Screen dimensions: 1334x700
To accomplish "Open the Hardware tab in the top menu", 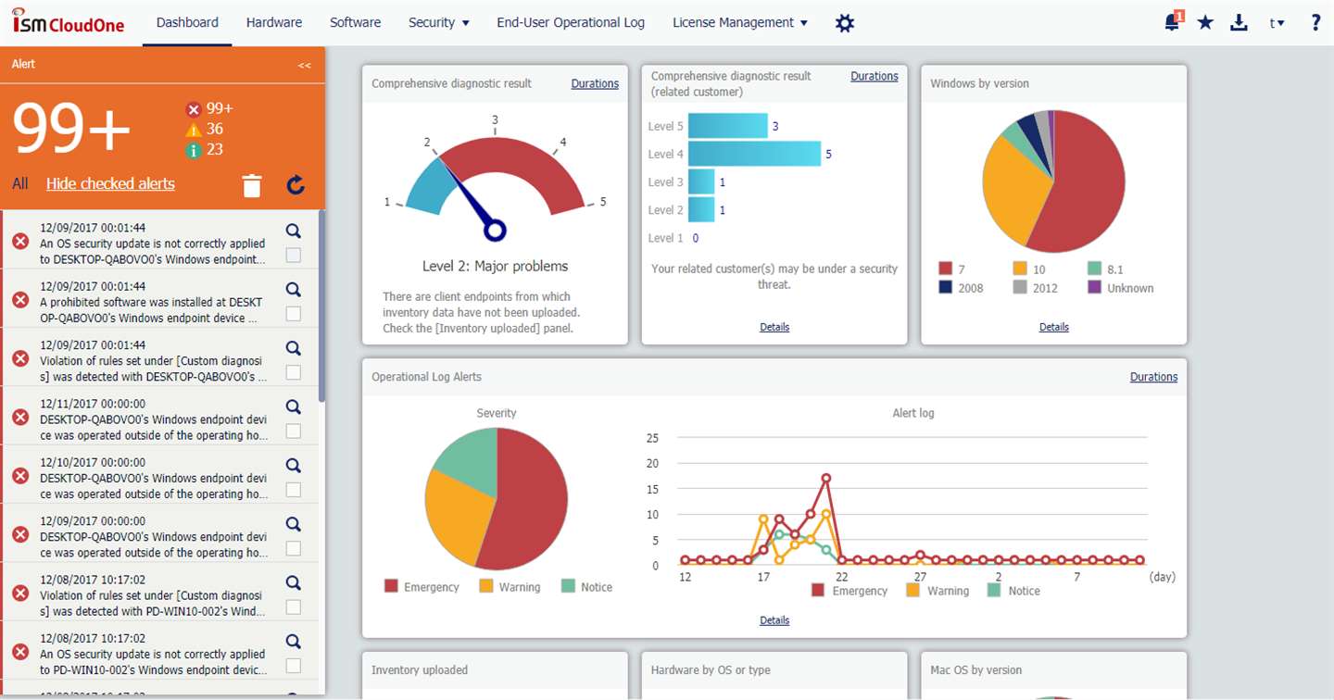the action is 274,22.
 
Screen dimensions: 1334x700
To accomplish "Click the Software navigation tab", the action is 355,22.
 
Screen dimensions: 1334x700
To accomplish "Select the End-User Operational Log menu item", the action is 571,22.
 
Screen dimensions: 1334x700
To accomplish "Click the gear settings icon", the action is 845,23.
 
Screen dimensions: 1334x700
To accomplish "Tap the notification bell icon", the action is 1171,22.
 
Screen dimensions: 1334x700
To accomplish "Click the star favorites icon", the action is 1205,22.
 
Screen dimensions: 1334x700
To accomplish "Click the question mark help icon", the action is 1315,22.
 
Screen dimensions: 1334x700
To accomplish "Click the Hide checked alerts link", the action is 110,184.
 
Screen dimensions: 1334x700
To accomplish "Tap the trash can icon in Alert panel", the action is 252,185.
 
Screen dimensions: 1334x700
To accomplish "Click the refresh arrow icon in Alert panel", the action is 296,185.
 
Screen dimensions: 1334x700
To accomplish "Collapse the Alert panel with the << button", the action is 304,65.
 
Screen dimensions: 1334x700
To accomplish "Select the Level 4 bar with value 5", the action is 754,154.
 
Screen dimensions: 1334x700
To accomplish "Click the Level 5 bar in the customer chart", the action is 728,126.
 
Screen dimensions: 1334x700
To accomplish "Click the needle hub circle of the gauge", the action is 495,231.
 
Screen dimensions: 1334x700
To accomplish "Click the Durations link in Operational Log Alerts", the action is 1153,377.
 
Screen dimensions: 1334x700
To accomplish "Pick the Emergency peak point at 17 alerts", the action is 826,478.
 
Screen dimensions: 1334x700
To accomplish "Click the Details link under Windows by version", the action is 1053,327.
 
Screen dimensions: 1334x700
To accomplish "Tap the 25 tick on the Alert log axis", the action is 652,438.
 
